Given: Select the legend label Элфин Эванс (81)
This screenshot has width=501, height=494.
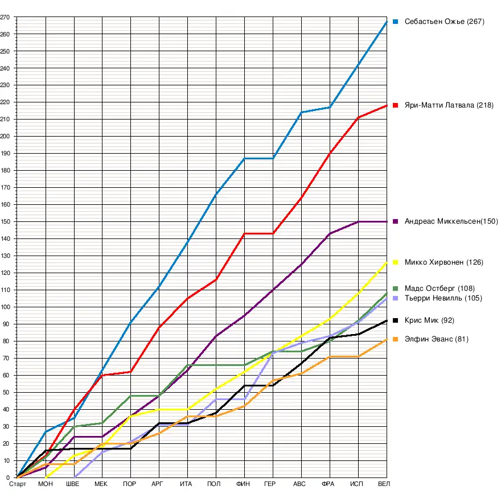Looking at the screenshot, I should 429,340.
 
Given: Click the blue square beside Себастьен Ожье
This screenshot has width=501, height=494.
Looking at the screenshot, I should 395,22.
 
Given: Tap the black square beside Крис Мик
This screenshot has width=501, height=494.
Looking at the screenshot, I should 395,320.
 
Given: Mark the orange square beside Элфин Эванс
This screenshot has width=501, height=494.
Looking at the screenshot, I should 395,340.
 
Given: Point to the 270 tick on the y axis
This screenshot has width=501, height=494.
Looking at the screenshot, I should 5,17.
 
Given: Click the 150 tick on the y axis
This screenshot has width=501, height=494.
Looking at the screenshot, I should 5,221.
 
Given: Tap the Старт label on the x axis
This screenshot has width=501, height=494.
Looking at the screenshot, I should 18,484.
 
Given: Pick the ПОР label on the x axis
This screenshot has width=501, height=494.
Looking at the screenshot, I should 129,484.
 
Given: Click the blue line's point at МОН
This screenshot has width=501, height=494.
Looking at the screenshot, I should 46,431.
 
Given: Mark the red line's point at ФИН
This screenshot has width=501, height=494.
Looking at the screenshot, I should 244,234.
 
